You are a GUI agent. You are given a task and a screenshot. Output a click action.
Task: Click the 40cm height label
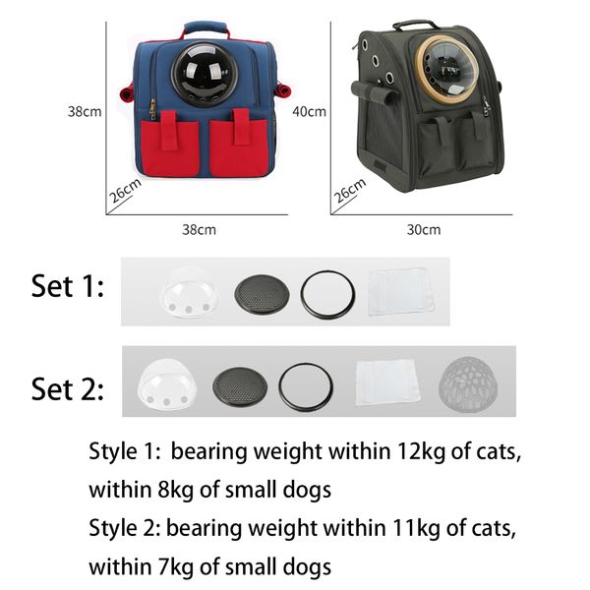click(x=310, y=112)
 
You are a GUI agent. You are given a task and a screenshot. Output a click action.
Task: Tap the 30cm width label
click(x=424, y=229)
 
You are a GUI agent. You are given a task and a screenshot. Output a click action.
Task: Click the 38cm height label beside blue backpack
click(x=85, y=112)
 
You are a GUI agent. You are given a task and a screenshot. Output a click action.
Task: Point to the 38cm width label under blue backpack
click(x=199, y=229)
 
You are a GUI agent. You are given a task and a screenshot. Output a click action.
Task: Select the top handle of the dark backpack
click(x=415, y=25)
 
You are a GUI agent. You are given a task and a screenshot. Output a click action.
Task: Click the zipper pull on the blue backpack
click(x=152, y=109)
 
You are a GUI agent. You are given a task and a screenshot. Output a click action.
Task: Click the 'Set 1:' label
click(x=67, y=286)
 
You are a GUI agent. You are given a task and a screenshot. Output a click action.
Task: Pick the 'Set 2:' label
click(x=67, y=389)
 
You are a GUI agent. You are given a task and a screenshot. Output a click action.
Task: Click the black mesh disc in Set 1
click(x=262, y=294)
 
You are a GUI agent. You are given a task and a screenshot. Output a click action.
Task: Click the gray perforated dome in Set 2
click(x=468, y=384)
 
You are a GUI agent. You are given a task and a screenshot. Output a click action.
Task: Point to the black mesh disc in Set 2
click(x=240, y=387)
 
